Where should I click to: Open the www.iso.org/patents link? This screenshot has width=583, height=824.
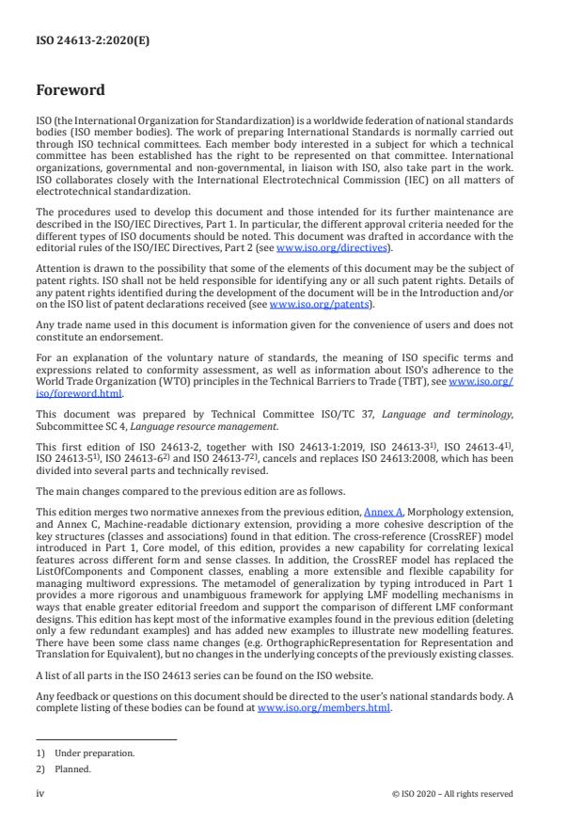click(307, 305)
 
